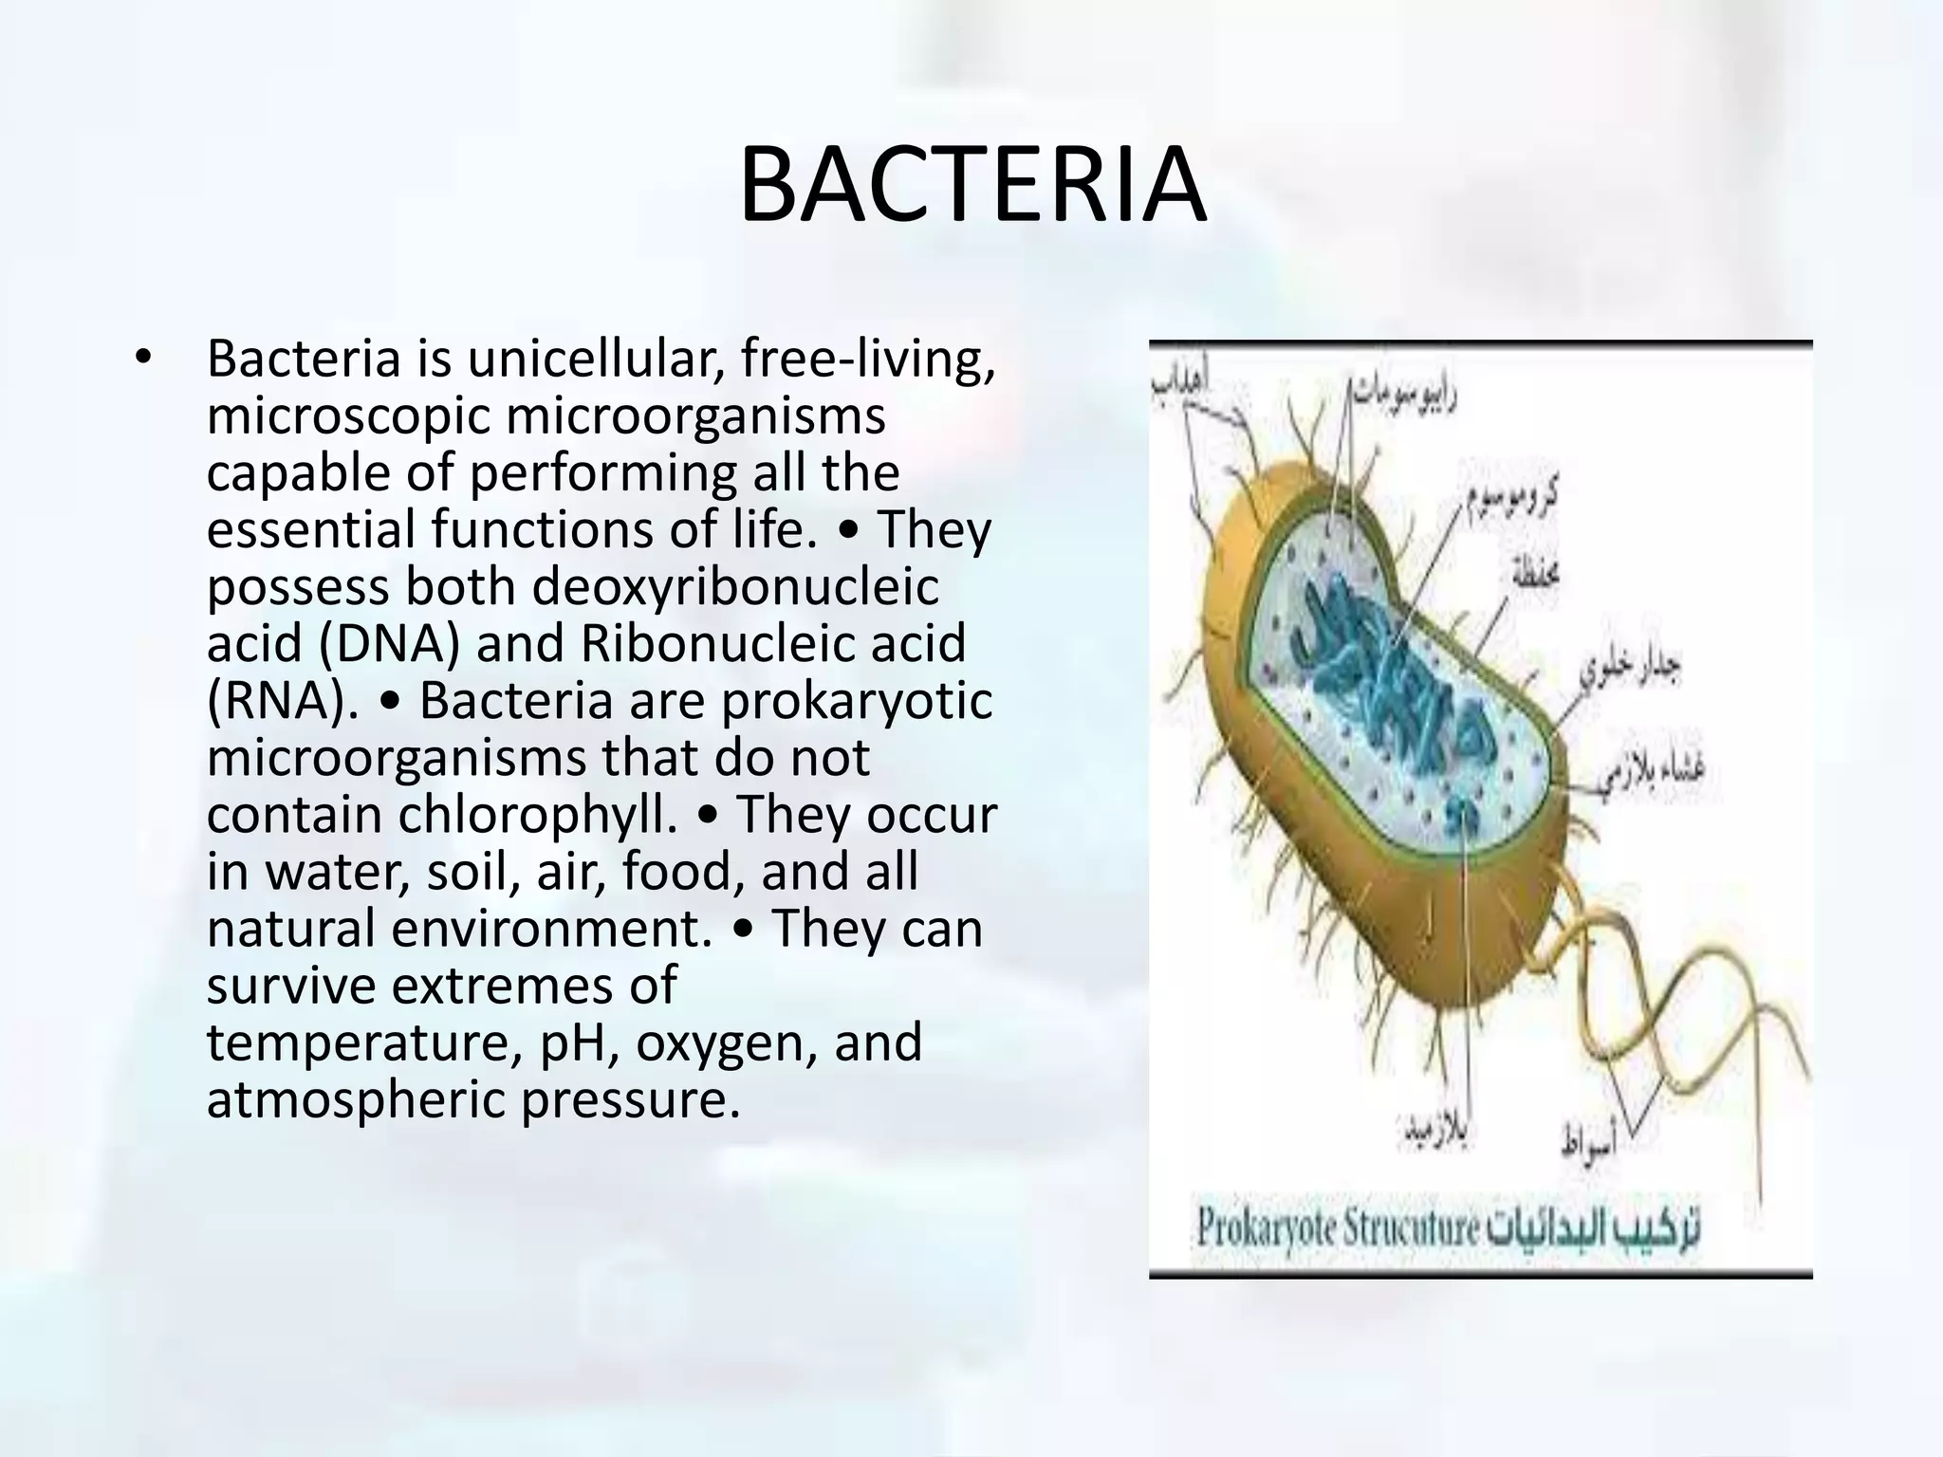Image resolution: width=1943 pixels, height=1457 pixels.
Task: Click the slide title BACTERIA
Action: click(971, 186)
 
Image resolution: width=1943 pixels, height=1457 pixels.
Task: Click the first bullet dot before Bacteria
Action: click(142, 359)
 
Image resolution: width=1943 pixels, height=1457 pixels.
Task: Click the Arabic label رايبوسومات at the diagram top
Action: click(1404, 388)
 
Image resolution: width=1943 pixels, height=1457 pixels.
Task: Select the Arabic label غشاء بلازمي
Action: click(1655, 770)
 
